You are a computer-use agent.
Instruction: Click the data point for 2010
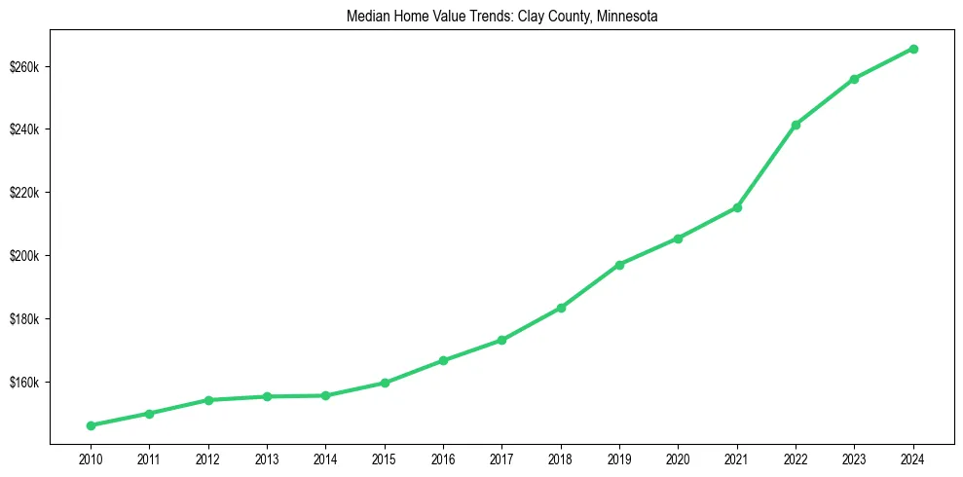point(91,425)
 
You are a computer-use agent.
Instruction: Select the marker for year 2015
point(385,383)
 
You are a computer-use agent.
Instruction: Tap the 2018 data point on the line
point(561,308)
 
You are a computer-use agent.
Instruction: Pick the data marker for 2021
point(737,207)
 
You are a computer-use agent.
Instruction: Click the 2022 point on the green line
point(796,125)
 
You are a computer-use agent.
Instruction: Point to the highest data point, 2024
point(913,49)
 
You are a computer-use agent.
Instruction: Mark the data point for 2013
point(267,396)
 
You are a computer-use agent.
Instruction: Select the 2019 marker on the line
point(619,265)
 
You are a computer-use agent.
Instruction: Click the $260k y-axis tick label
point(23,67)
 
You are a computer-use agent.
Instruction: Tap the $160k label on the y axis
point(23,383)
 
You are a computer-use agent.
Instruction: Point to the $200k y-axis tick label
point(23,256)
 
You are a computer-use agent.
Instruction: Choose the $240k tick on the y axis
point(23,130)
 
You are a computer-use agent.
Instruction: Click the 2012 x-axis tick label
point(208,459)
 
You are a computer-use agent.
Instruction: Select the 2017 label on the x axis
point(502,459)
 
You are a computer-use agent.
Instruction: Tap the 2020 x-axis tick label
point(678,459)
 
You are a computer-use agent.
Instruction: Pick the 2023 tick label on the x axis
point(854,459)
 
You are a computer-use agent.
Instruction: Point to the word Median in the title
point(366,17)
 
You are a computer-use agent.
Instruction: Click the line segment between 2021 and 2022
point(766,166)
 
